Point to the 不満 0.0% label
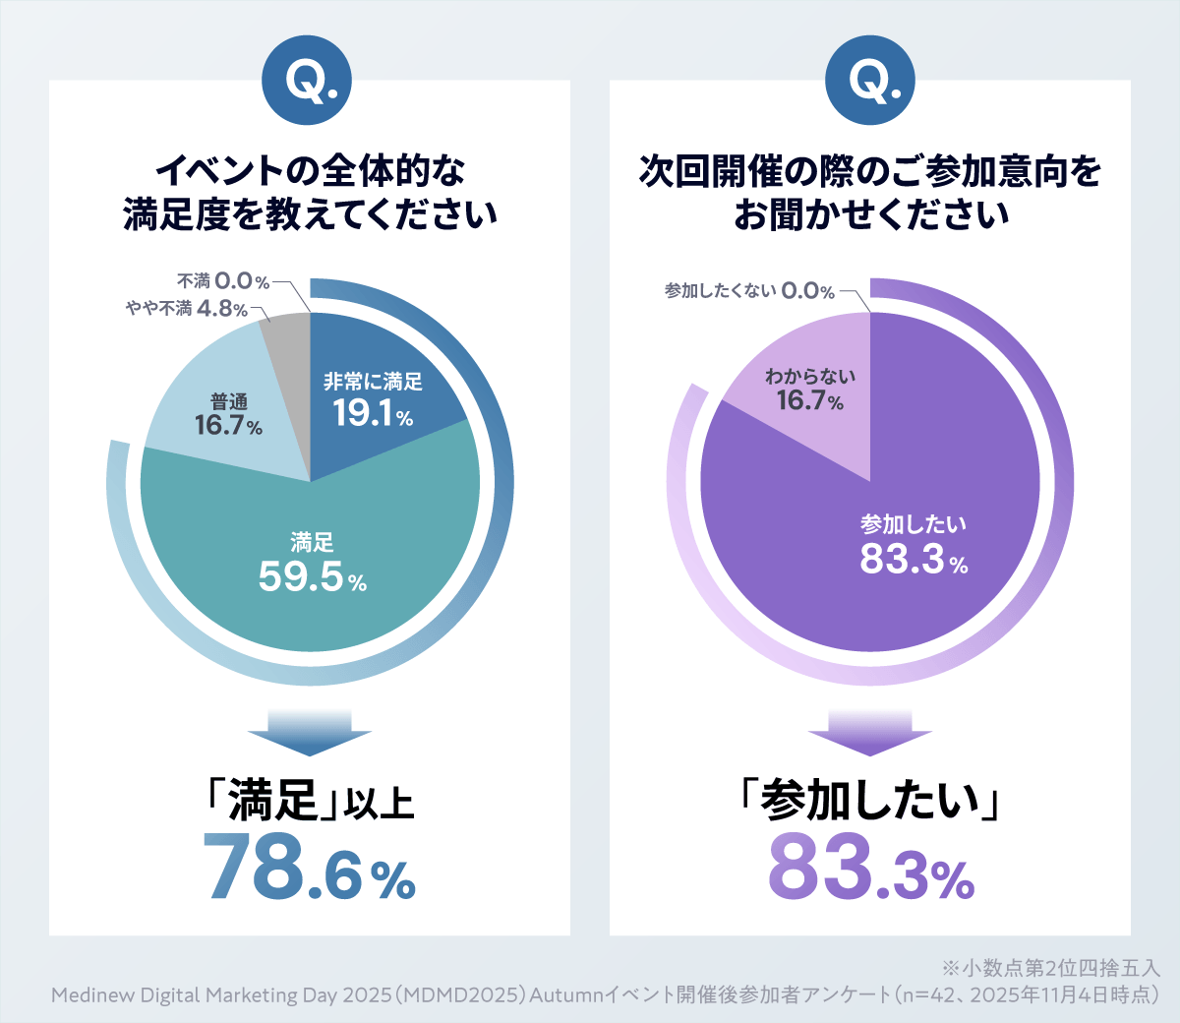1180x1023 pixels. pos(222,281)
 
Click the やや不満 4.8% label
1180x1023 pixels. pos(187,309)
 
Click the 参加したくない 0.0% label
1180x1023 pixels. pos(749,291)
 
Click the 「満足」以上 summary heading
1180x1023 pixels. pos(310,801)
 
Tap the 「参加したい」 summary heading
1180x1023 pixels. pos(870,801)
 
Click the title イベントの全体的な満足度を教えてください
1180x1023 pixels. pos(310,193)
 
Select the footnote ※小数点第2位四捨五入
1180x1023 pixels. pos(1050,968)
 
